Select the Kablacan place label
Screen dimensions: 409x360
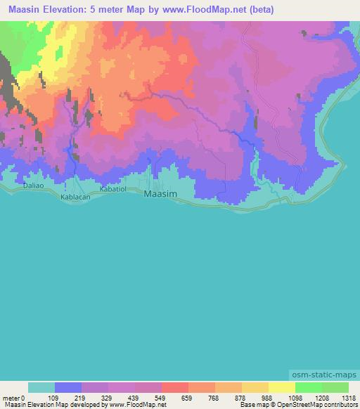pos(76,198)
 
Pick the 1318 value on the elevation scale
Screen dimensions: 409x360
pos(348,396)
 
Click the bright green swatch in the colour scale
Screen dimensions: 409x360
pos(308,387)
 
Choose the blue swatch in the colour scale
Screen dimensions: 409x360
pos(68,387)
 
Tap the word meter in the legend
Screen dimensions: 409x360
pos(10,396)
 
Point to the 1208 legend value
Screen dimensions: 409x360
pos(321,396)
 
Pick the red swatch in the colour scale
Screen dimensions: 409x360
pos(175,387)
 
